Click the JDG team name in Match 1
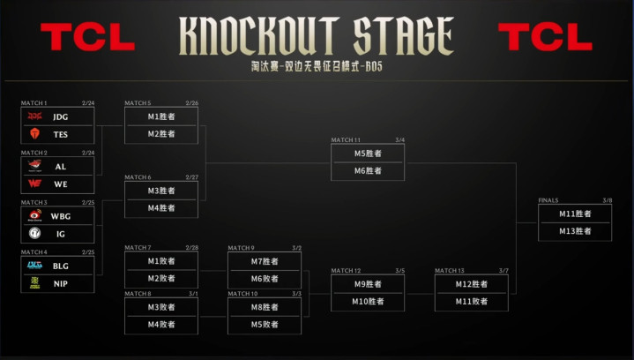pos(60,116)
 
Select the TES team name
pos(60,134)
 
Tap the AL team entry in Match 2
pos(60,166)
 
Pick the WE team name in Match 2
pos(60,184)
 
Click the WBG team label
pos(60,215)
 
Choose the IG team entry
pos(60,233)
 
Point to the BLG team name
pos(60,265)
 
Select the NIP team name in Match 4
pos(60,282)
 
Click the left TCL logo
pos(87,36)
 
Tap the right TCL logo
pos(545,36)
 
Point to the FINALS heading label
pos(548,200)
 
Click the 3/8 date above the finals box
pos(607,200)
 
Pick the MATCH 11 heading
pos(346,140)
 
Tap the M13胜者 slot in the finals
pos(575,231)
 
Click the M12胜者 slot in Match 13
pos(471,284)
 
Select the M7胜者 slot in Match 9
pos(264,261)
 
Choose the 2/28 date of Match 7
pos(191,248)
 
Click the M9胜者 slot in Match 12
pos(367,284)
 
